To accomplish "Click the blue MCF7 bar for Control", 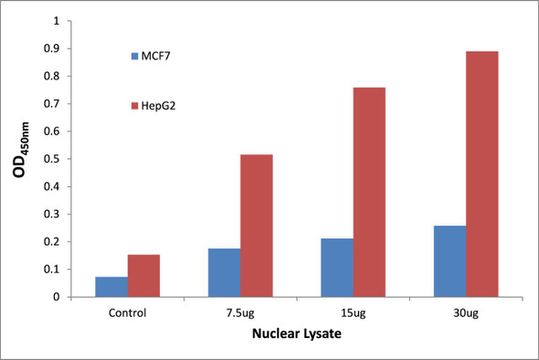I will [111, 287].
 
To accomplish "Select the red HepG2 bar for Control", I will [143, 276].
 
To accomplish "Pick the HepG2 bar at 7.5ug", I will [256, 226].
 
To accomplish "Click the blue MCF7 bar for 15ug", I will [337, 268].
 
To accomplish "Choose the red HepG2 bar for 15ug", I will [369, 192].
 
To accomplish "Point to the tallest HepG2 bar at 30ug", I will [481, 174].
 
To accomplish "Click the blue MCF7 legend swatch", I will [134, 57].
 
